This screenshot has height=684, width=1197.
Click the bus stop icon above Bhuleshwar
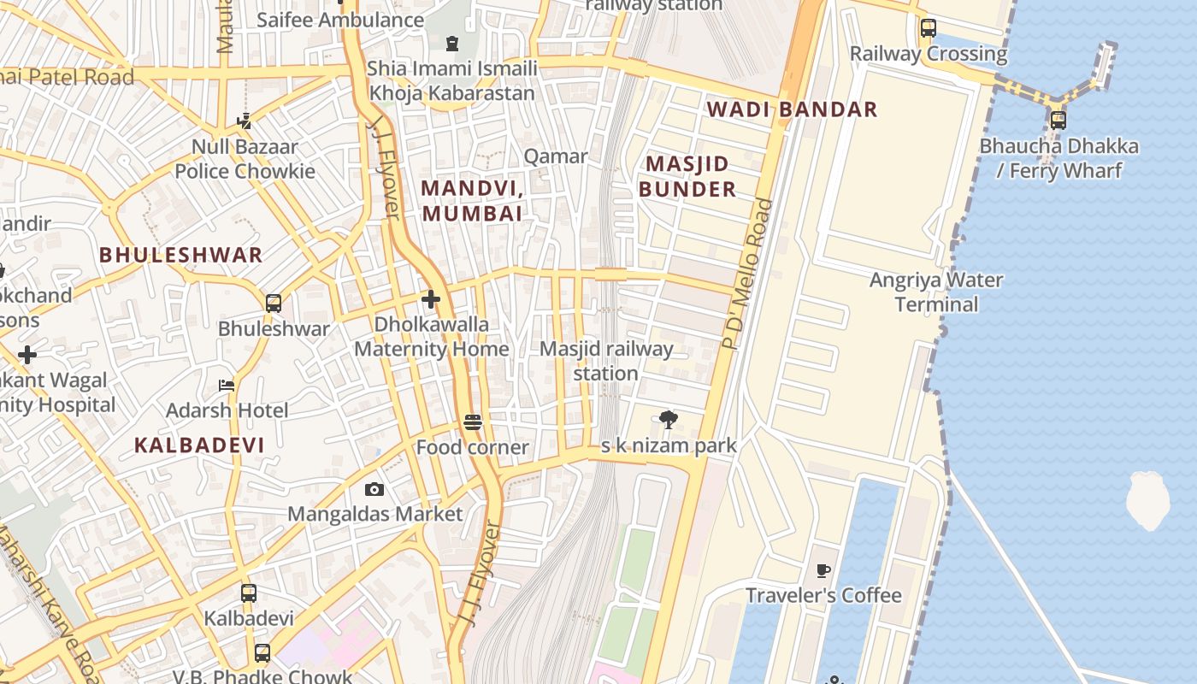tap(274, 304)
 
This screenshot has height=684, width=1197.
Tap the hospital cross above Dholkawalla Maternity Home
tap(431, 299)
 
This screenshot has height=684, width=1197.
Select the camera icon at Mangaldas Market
tap(374, 490)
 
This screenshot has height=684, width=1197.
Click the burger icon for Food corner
tap(473, 422)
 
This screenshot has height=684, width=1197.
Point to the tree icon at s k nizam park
tap(669, 420)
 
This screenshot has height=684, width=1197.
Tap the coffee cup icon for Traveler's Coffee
tap(823, 570)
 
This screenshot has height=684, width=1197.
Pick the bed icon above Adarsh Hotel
tap(227, 386)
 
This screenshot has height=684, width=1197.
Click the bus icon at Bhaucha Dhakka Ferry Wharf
tap(1058, 121)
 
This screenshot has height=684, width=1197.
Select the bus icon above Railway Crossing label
tap(928, 28)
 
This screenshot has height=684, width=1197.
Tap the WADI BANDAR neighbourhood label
tap(792, 109)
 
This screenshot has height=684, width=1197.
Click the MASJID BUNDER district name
tap(687, 177)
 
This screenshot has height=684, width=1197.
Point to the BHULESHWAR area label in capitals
tap(180, 255)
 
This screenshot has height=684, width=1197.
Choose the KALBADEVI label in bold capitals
tap(199, 445)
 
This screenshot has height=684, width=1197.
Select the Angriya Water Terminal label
tap(936, 292)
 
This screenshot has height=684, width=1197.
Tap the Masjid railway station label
tap(606, 361)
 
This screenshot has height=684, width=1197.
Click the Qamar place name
tap(556, 156)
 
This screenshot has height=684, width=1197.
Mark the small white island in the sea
tap(1147, 499)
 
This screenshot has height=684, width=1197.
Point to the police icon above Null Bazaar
tap(245, 121)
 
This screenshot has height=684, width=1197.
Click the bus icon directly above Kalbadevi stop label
tap(249, 593)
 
